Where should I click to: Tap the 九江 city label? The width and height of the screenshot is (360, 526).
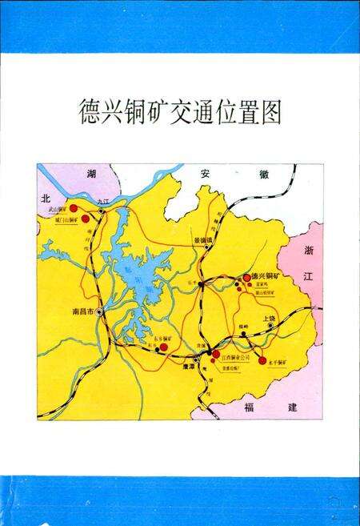click(102, 202)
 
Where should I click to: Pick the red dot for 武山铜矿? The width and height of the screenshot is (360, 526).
click(74, 208)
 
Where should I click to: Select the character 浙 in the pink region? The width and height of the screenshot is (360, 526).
click(309, 251)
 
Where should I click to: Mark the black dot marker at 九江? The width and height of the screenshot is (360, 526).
click(101, 211)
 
